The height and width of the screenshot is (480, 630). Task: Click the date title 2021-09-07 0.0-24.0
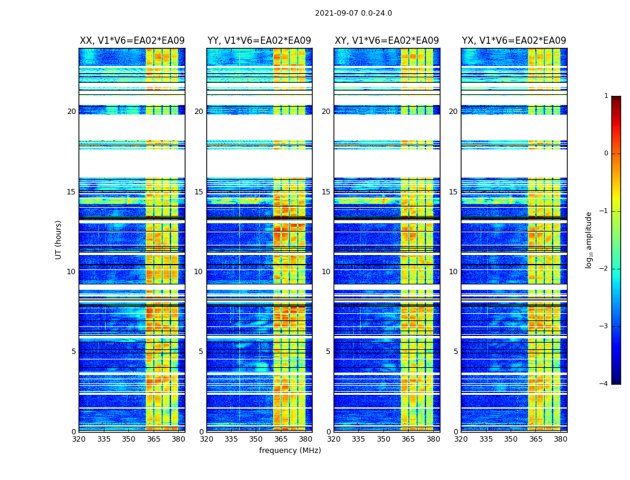pos(353,13)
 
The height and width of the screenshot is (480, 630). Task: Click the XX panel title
pos(132,41)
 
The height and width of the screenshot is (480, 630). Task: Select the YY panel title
pos(259,41)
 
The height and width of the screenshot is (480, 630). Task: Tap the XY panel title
pos(387,41)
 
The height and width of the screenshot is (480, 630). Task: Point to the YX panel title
pos(514,41)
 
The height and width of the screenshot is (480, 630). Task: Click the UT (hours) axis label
pos(59,239)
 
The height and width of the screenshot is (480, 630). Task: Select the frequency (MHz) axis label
pos(290,451)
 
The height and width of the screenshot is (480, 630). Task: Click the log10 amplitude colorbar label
pos(589,239)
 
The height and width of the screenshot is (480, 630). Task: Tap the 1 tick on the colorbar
pos(606,96)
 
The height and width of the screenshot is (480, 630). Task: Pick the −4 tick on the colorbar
pos(604,384)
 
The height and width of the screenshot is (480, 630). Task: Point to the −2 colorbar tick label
pos(604,269)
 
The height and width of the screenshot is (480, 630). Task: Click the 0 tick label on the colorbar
pos(606,154)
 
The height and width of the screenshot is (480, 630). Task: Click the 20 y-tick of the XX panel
pos(71,112)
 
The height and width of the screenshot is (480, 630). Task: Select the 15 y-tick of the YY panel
pos(199,192)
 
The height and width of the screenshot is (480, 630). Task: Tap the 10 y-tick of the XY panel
pos(326,272)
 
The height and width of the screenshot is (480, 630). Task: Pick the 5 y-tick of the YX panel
pos(455,352)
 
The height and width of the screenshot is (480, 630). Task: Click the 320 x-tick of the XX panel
pos(79,439)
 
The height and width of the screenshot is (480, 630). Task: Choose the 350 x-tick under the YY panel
pos(256,439)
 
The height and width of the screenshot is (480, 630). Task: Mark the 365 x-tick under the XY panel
pos(408,439)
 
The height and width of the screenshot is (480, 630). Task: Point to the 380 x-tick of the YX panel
pos(560,439)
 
